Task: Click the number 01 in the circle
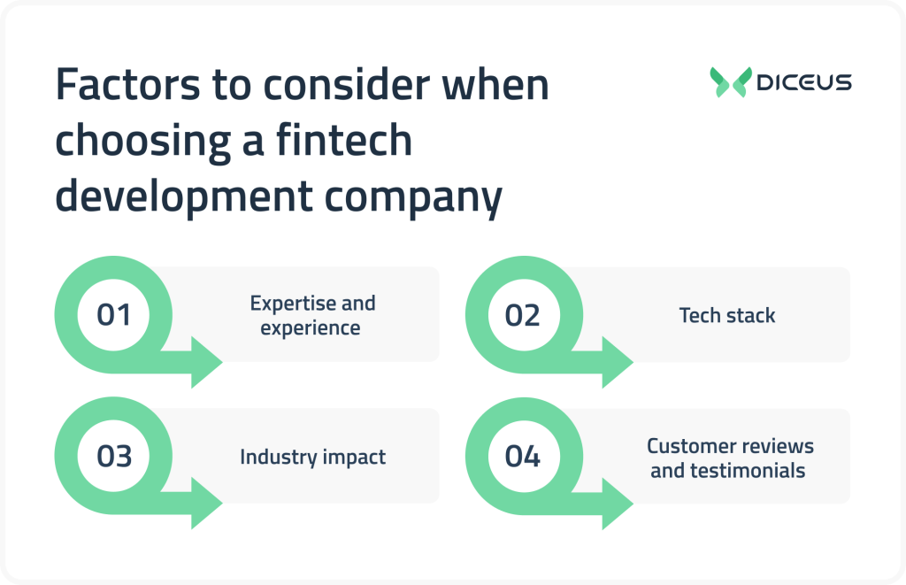point(113,315)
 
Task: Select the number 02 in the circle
point(523,315)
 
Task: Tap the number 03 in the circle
point(113,457)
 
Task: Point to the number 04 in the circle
point(523,457)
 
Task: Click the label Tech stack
point(726,315)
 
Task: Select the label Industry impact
point(312,458)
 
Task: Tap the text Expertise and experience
point(312,315)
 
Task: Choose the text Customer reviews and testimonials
point(729,458)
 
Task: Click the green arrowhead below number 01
point(205,362)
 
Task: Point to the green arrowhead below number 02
point(616,362)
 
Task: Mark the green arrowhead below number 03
point(205,504)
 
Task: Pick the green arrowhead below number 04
point(616,504)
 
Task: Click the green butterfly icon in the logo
point(730,82)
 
